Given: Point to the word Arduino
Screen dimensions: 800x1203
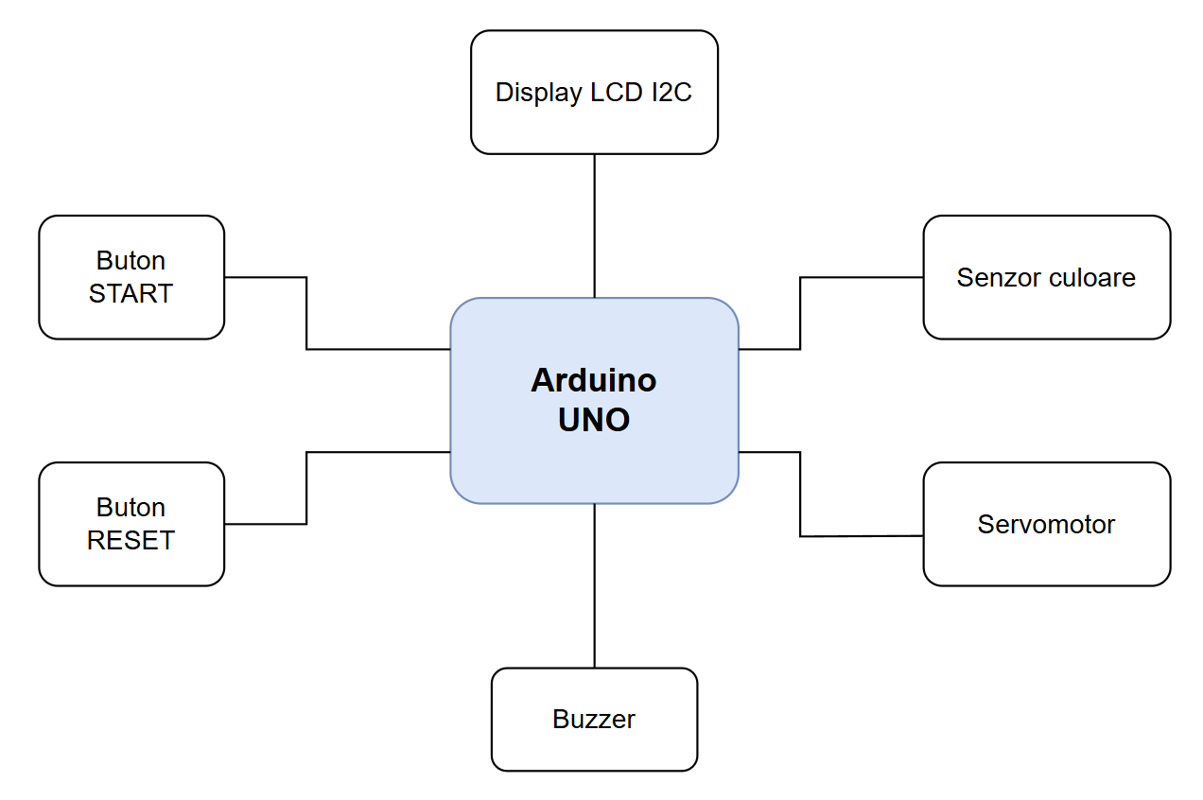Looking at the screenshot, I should (x=594, y=380).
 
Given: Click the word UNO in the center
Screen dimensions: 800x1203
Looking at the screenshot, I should (x=594, y=420).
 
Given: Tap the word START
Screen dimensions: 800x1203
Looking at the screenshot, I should (x=131, y=294).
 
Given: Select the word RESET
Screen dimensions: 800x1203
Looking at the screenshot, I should (x=131, y=541).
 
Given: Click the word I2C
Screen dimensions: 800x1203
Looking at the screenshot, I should (x=671, y=93).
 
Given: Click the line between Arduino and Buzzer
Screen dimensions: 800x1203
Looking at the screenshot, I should (x=594, y=586).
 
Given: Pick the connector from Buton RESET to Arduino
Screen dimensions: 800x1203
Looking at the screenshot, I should (x=306, y=488).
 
